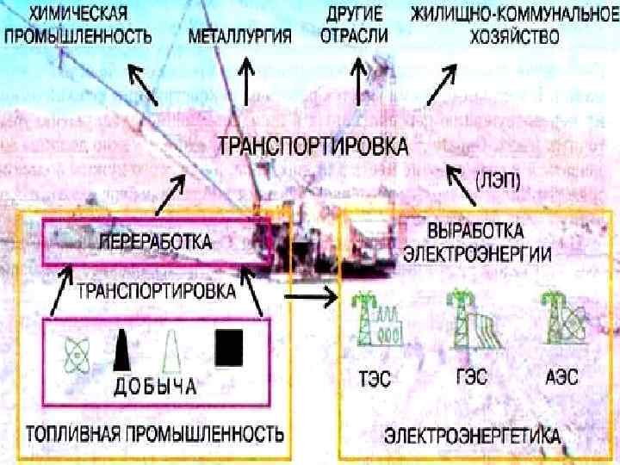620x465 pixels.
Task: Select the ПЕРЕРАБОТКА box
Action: coord(156,242)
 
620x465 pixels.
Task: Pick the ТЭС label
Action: coord(372,376)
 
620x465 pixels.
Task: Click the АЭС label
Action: coord(561,376)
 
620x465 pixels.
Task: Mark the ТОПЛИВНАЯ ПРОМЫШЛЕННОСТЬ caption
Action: coord(155,430)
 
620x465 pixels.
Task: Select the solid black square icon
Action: coord(228,346)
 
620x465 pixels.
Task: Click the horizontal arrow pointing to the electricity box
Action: coord(311,300)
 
